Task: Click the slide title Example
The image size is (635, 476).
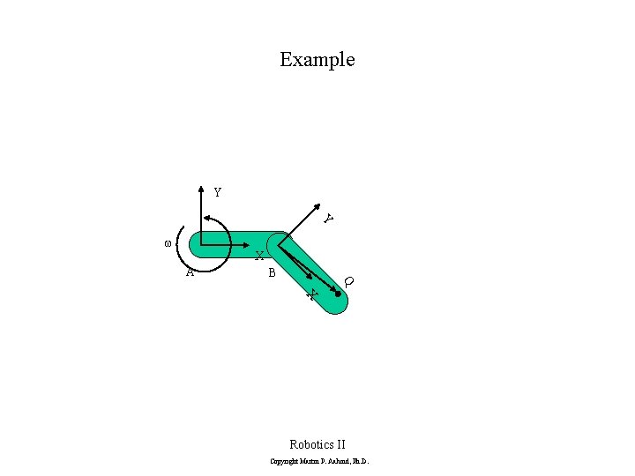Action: point(317,60)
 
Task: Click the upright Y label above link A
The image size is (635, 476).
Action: point(217,192)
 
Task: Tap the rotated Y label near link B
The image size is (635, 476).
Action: point(327,218)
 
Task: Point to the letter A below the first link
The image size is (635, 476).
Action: point(190,271)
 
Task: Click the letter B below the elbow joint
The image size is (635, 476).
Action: point(272,273)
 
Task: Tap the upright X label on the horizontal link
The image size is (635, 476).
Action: point(259,257)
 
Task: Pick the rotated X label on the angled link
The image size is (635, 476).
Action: point(310,294)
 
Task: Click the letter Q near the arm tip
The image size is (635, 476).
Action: point(349,281)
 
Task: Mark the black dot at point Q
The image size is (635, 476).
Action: point(338,294)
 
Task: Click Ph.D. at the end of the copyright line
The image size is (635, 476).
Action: point(361,462)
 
